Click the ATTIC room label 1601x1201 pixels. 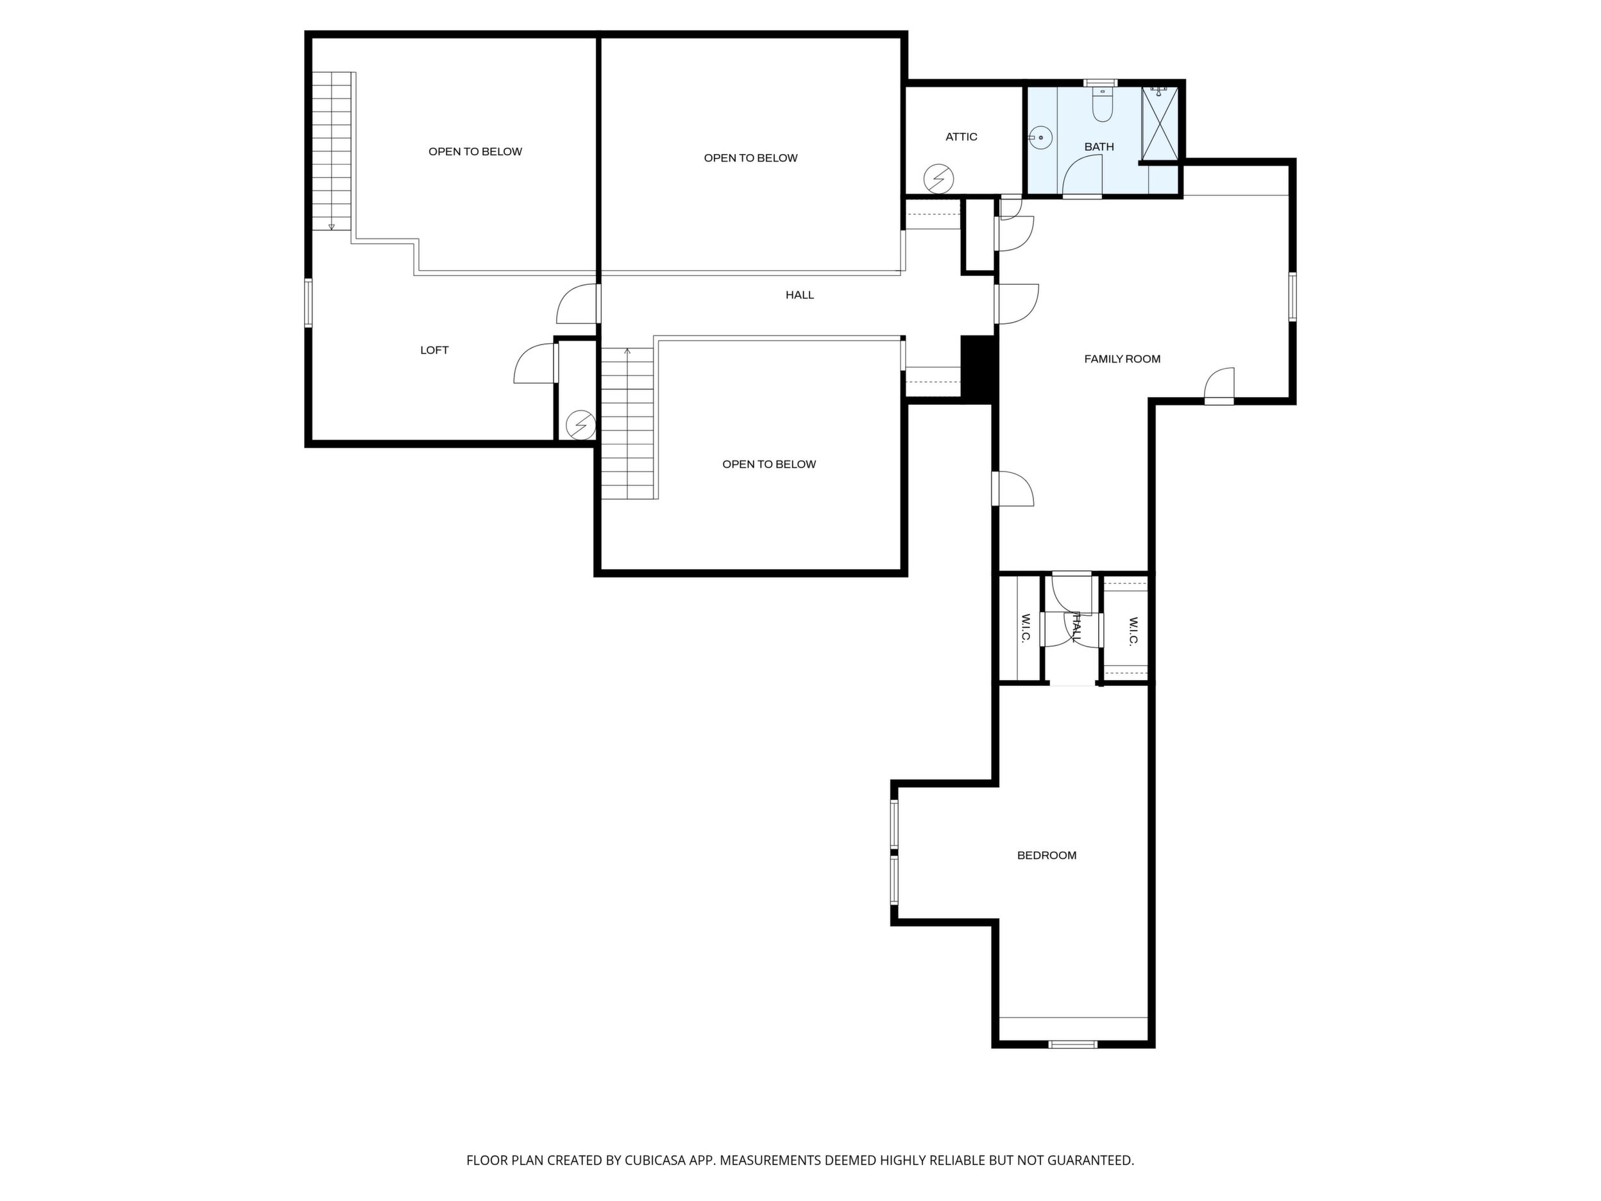point(961,137)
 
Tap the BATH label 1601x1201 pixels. point(1099,147)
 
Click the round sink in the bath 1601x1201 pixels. point(1039,137)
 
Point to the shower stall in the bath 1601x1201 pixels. point(1160,123)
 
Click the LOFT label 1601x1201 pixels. point(434,350)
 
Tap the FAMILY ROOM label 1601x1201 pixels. point(1122,359)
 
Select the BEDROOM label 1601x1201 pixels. point(1047,856)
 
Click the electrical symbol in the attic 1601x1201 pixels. point(939,179)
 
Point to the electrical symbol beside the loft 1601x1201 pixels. point(580,425)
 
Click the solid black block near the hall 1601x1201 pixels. point(979,367)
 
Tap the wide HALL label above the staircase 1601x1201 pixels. point(800,295)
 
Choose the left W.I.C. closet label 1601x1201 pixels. point(1026,628)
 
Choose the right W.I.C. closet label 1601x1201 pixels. point(1133,631)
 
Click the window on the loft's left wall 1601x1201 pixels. point(309,303)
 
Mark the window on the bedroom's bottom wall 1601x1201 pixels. point(1073,1044)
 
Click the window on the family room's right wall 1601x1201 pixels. point(1292,297)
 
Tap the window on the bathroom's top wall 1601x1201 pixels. point(1100,83)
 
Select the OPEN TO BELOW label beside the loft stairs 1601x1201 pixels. point(475,152)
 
